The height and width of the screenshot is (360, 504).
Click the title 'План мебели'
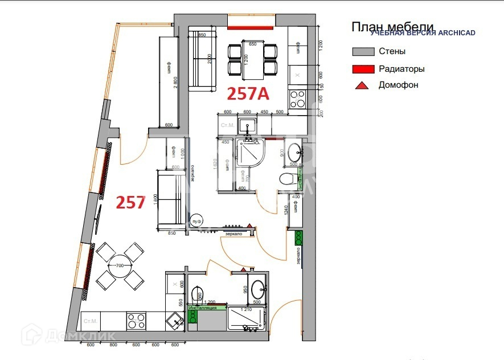pos(392,26)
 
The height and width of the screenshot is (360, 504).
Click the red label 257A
pos(248,93)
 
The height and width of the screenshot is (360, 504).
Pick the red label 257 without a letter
pos(131,202)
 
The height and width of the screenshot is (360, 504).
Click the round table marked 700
pos(120,265)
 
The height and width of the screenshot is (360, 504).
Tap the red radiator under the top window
pos(252,26)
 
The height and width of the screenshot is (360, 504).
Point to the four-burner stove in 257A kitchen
pos(297,99)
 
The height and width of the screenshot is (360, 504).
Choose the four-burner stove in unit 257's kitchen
pos(136,321)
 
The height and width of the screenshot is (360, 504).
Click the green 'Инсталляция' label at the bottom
pos(203,308)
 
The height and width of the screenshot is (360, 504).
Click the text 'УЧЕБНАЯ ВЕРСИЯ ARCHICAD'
pos(423,33)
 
